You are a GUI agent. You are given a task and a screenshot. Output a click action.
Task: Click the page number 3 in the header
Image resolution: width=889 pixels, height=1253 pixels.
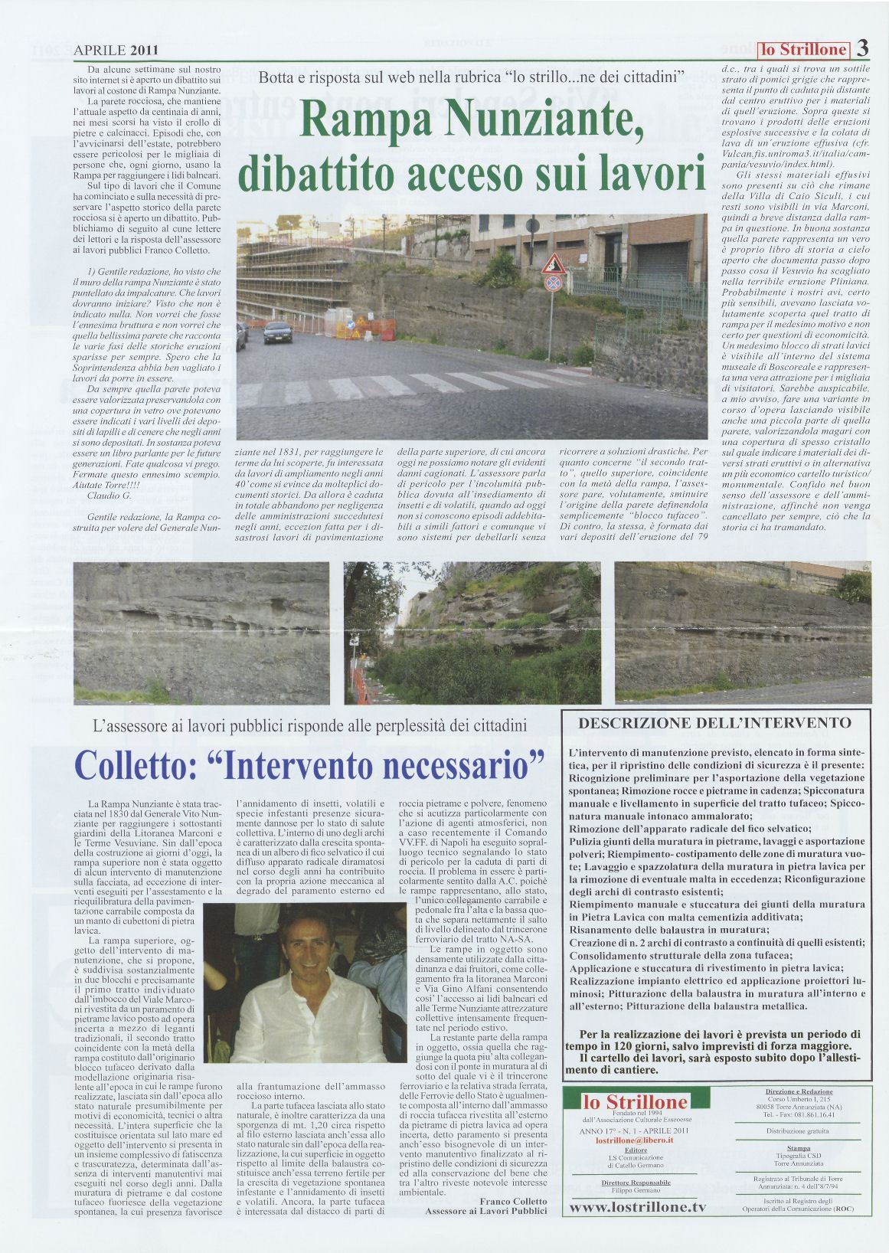click(x=861, y=49)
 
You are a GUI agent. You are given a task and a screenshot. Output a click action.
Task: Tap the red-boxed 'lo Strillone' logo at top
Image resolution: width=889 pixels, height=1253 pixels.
click(x=803, y=51)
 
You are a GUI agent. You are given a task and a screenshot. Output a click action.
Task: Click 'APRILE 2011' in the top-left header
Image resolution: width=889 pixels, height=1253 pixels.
click(x=116, y=51)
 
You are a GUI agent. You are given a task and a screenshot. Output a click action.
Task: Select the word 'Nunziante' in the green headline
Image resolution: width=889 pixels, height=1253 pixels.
click(x=564, y=121)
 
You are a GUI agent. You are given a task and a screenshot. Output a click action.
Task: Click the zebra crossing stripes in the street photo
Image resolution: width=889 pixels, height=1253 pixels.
click(x=398, y=386)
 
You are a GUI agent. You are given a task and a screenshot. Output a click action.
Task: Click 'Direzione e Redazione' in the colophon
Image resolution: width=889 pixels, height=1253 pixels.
click(x=799, y=1091)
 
